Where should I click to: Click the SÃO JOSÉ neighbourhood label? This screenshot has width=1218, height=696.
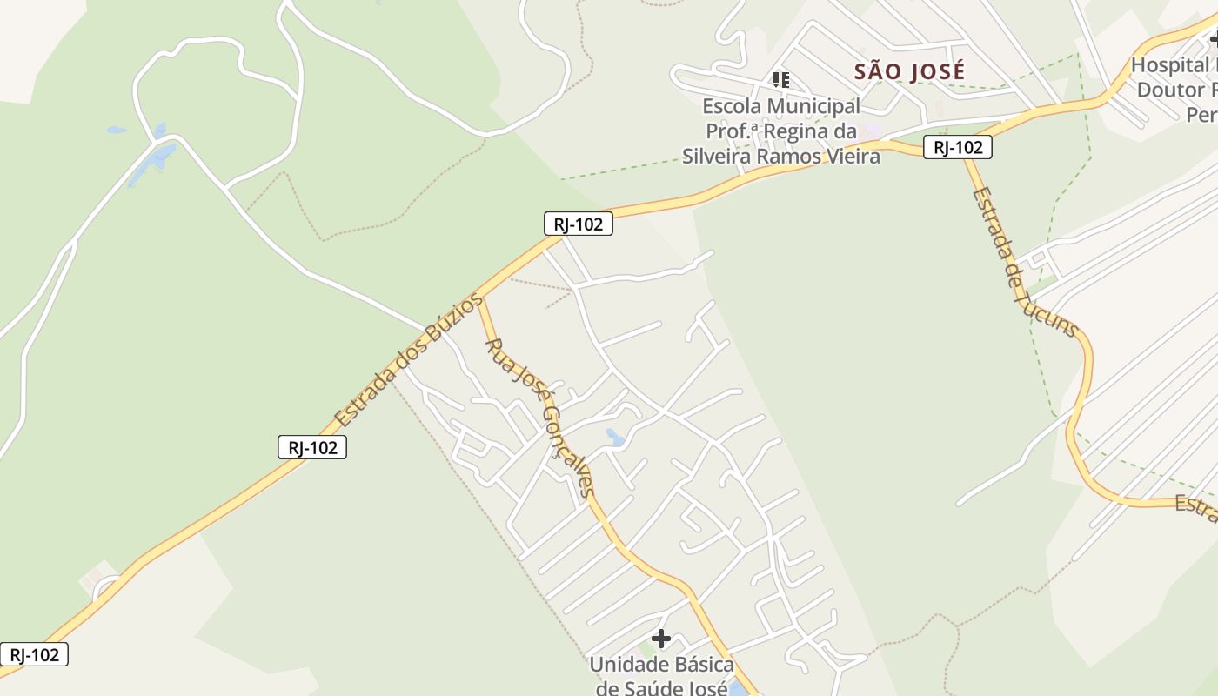click(909, 71)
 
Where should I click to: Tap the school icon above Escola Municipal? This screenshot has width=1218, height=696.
click(780, 80)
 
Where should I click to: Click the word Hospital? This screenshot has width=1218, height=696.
click(1170, 65)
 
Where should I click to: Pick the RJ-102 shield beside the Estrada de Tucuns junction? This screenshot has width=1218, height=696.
click(957, 148)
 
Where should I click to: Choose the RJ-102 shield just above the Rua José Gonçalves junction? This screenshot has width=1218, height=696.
click(578, 224)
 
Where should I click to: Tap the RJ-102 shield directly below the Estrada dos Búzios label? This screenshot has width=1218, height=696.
click(312, 448)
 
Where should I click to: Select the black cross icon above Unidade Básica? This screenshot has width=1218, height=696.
click(661, 639)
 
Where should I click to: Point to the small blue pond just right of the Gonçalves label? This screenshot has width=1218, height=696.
click(616, 437)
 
